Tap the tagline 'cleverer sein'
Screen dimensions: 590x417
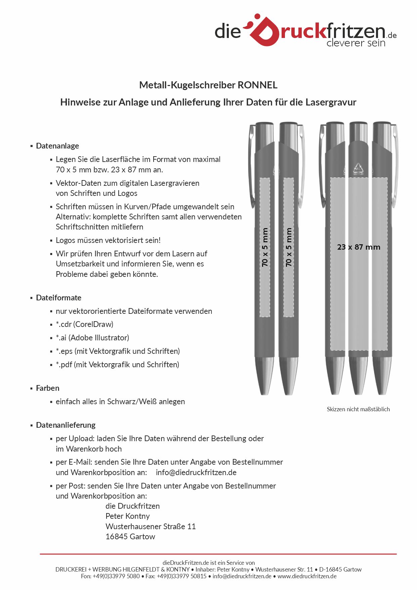pos(356,43)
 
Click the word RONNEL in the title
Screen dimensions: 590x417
pos(257,85)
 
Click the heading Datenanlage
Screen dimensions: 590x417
pos(57,146)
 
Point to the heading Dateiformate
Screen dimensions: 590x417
pos(58,298)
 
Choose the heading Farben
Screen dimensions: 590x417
pos(47,388)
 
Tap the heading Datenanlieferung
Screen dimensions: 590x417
pos(66,425)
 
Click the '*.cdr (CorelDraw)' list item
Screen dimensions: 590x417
pos(84,324)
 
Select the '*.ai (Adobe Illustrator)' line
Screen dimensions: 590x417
pos(92,338)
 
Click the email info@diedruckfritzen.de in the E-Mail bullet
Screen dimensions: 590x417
pos(196,472)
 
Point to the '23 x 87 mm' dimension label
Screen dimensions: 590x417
pos(359,247)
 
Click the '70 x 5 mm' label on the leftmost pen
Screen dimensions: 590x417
pos(265,247)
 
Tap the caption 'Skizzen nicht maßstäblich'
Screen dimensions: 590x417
pos(358,409)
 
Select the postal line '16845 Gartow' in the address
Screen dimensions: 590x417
pos(130,537)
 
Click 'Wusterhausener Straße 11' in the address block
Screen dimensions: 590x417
pos(151,526)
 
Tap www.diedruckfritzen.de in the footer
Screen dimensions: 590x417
pos(307,576)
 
